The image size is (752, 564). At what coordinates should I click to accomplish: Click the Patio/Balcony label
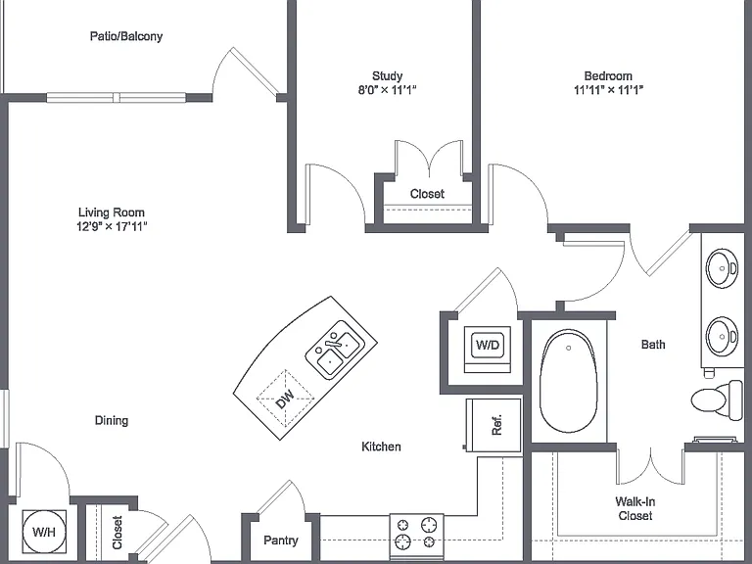click(x=126, y=36)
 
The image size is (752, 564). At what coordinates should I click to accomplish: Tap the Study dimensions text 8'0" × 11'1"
click(x=387, y=90)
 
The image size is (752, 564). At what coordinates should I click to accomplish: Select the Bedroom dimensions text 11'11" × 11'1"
click(x=608, y=90)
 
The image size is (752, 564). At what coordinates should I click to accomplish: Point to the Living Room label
click(x=112, y=212)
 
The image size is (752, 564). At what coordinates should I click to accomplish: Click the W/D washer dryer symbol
click(x=488, y=345)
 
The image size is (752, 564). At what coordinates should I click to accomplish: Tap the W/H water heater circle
click(x=44, y=532)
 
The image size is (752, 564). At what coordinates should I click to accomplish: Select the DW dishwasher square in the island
click(x=285, y=399)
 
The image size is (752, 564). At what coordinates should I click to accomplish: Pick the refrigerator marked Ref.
click(x=493, y=425)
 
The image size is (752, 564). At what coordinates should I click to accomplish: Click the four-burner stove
click(x=416, y=534)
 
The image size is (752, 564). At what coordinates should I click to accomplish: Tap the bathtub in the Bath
click(x=568, y=382)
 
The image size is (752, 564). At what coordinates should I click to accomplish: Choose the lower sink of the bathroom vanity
click(x=722, y=335)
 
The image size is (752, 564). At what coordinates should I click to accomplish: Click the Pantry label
click(x=281, y=540)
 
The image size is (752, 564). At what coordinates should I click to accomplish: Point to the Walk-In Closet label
click(x=634, y=509)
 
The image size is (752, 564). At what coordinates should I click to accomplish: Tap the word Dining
click(x=112, y=421)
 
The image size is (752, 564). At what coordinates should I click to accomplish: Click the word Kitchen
click(x=381, y=446)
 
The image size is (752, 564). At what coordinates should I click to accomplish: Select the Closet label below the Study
click(x=427, y=194)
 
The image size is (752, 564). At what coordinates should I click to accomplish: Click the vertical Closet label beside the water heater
click(x=117, y=533)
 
